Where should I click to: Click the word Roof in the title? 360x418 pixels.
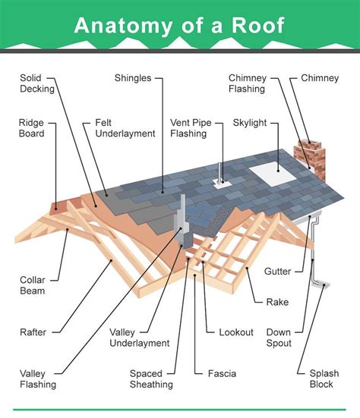(257, 25)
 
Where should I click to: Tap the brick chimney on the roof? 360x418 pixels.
(310, 159)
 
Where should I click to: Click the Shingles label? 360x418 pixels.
(133, 78)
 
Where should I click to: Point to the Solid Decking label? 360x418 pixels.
(37, 83)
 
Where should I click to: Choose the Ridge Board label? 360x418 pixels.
(31, 128)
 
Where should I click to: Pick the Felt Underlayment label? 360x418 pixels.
(125, 128)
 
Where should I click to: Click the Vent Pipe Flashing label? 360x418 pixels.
(191, 128)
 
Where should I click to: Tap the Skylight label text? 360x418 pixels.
(250, 123)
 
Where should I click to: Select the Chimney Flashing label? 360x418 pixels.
(248, 83)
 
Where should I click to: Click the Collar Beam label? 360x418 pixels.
(33, 285)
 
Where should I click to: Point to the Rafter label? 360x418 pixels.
(33, 332)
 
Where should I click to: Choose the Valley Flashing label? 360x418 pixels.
(38, 379)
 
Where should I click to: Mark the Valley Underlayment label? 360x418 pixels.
(139, 338)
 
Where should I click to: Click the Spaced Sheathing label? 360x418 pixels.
(151, 379)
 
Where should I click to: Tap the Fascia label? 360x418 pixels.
(222, 374)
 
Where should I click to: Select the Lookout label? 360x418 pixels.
(236, 332)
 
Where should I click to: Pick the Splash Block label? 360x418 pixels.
(324, 379)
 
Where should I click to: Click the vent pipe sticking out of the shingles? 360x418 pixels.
(219, 173)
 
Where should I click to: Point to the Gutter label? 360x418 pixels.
(277, 272)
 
